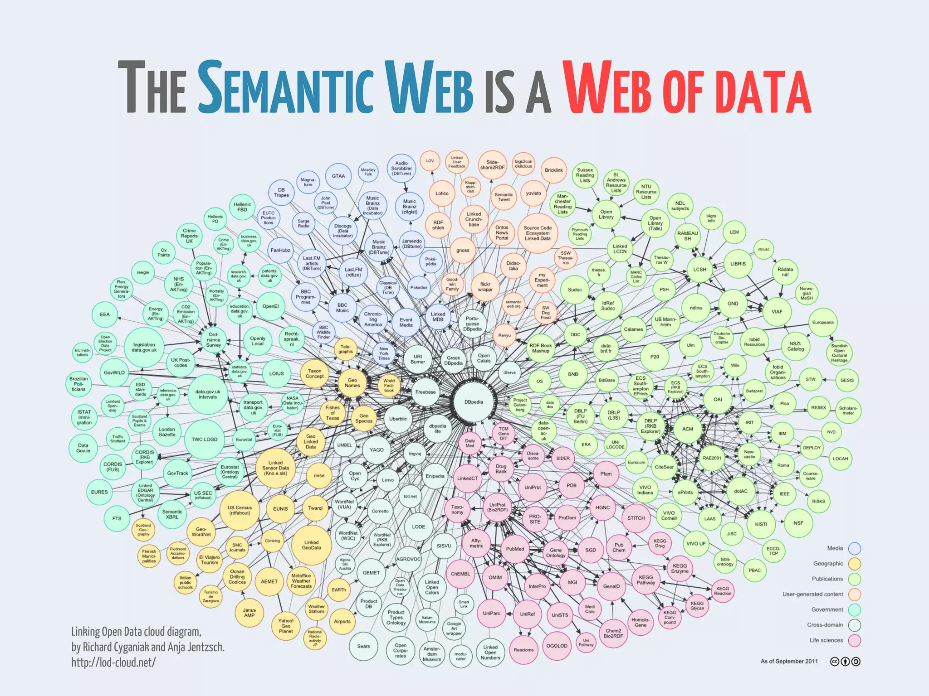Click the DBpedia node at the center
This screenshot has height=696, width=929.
pos(474,402)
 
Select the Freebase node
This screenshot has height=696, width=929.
pos(425,392)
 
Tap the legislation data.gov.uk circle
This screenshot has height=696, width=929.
pos(144,348)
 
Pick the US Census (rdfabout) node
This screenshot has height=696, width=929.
pos(240,510)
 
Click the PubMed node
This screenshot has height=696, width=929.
pos(515,549)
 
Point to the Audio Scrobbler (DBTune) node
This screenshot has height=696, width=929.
pos(401,168)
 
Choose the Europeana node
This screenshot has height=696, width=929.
pos(823,322)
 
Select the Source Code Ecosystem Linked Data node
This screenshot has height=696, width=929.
pos(538,233)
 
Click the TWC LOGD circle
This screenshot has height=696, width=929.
pos(204,439)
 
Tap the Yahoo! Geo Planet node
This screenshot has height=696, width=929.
pos(286,626)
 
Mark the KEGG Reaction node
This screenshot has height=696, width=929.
pos(723,591)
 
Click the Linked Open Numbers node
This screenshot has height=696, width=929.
pos(490,652)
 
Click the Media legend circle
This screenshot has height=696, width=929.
pos(855,548)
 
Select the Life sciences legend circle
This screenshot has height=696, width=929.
pos(855,640)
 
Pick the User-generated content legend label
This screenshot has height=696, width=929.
pos(812,594)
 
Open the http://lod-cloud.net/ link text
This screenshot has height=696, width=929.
pos(113,662)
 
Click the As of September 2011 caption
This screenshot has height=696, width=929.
pos(789,661)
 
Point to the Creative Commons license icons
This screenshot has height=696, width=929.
pos(845,662)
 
